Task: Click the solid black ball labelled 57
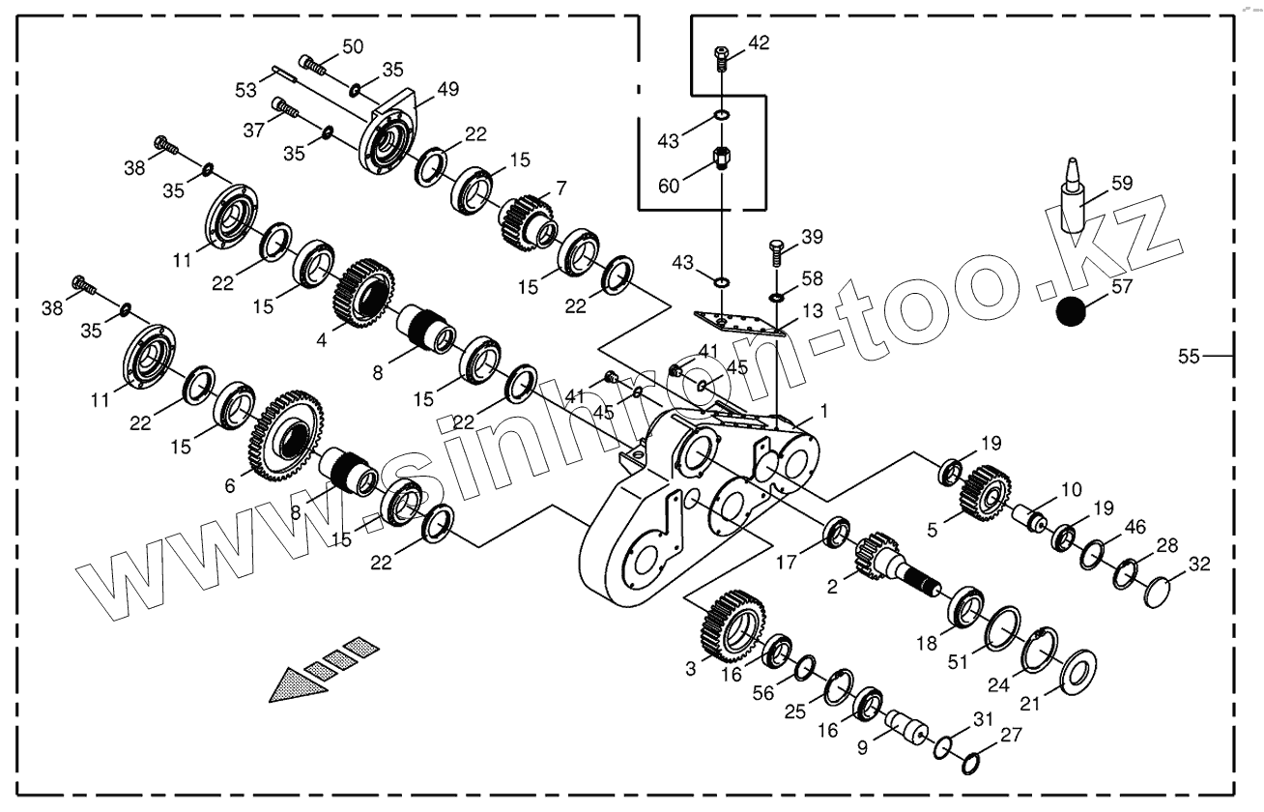click(1071, 312)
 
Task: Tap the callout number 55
click(1189, 357)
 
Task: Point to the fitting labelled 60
click(722, 157)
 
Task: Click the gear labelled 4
click(365, 292)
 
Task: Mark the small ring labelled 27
click(974, 764)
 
